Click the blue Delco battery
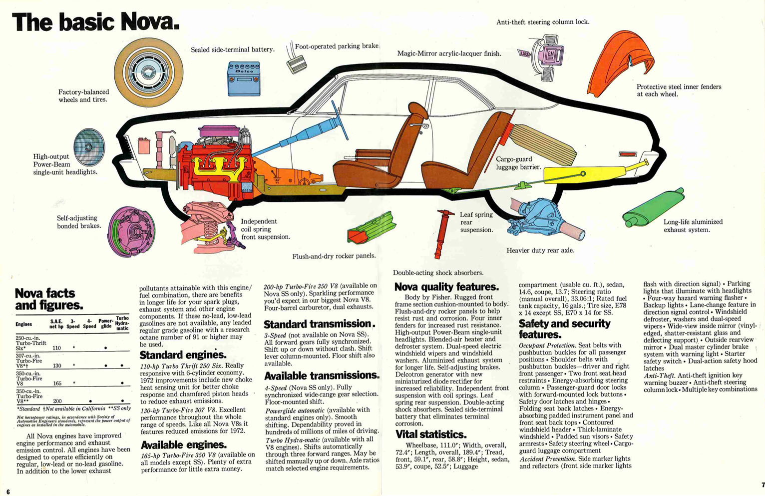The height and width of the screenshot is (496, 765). point(244,78)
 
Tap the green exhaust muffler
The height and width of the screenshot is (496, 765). point(652,208)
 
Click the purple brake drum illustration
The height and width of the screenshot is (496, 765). point(131,231)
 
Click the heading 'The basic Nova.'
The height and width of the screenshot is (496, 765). point(95,22)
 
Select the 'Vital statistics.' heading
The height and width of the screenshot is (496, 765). point(431,434)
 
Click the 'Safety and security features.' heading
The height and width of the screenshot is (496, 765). point(564,329)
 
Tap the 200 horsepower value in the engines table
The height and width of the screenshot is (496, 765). point(57,401)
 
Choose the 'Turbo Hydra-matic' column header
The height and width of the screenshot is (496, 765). point(122,323)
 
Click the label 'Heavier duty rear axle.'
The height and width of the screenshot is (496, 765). point(540,250)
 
